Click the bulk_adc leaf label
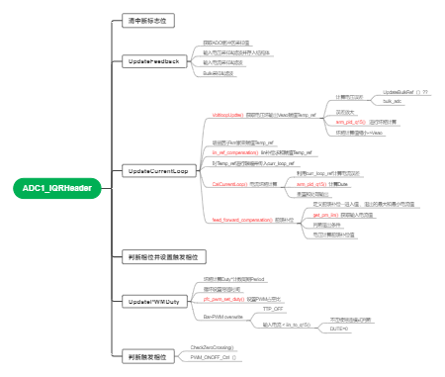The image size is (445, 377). pos(392,101)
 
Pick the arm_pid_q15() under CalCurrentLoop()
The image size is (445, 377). pos(315,184)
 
